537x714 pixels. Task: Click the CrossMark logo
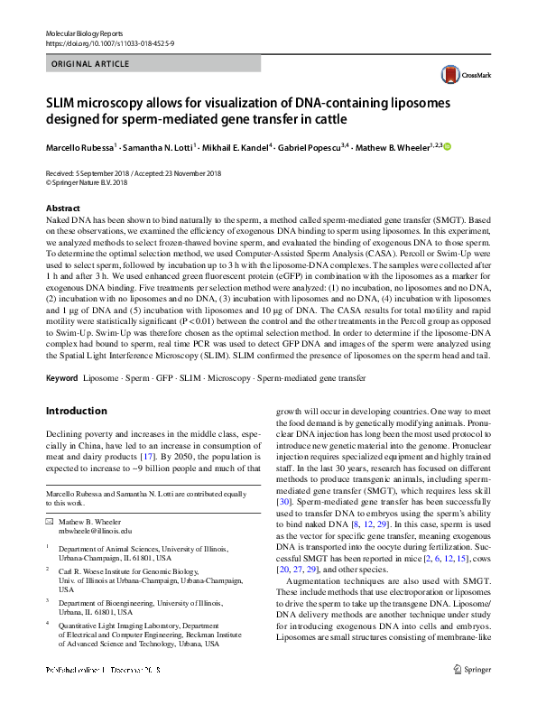(x=460, y=76)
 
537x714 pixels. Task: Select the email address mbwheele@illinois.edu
(x=95, y=532)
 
